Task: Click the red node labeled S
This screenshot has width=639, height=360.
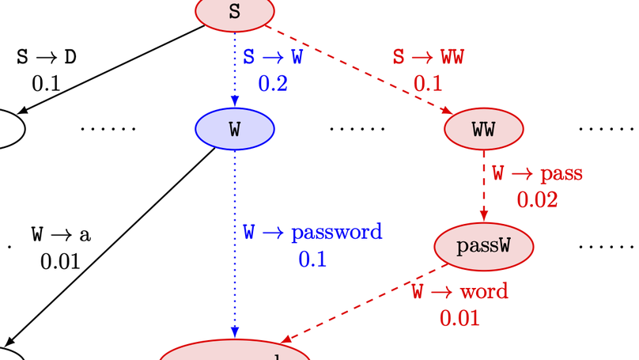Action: click(x=234, y=12)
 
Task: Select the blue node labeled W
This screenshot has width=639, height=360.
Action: click(x=234, y=129)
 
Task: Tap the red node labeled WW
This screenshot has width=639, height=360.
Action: click(x=483, y=130)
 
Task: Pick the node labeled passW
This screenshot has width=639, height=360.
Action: click(x=483, y=246)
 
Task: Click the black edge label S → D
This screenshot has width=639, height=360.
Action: click(x=47, y=58)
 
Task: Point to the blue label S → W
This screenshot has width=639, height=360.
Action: click(x=272, y=58)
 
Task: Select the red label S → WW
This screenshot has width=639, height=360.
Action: click(x=428, y=58)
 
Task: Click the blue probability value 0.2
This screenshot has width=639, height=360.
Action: click(x=272, y=82)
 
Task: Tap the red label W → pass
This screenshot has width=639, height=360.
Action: click(x=537, y=173)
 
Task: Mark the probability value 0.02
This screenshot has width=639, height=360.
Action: click(x=537, y=199)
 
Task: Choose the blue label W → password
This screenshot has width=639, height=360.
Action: click(x=312, y=233)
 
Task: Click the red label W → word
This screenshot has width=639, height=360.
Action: click(x=459, y=292)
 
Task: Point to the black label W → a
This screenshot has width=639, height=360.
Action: click(x=61, y=234)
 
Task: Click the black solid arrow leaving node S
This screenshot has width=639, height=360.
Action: click(x=111, y=70)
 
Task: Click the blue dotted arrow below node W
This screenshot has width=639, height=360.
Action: click(x=235, y=237)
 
